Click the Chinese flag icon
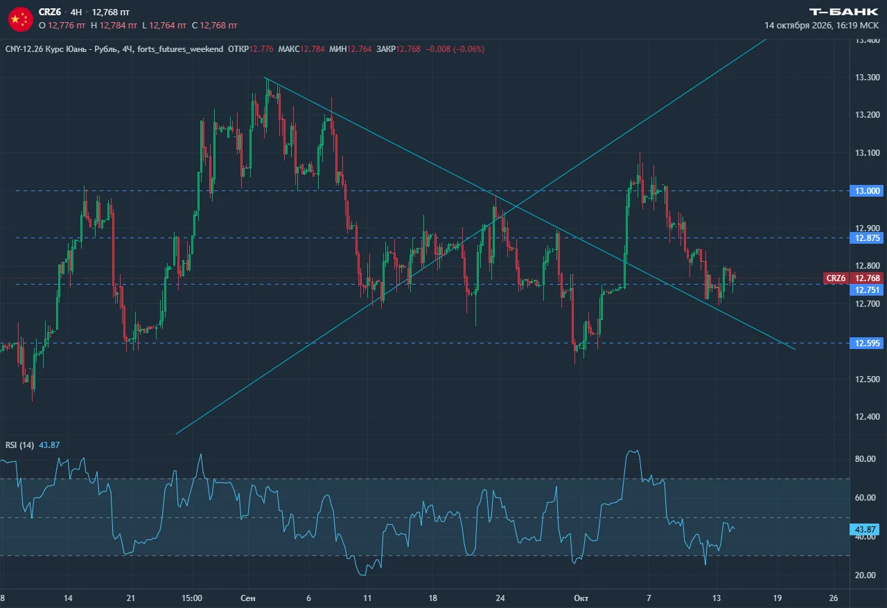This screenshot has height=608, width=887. [21, 19]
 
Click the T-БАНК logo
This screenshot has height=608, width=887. [843, 12]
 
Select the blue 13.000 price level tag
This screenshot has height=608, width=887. [867, 191]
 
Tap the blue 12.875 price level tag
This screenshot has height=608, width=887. [867, 238]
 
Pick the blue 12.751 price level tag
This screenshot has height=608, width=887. [867, 289]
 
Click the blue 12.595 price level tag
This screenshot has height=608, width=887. [867, 343]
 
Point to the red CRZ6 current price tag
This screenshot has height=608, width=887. [854, 278]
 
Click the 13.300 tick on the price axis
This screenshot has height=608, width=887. [867, 77]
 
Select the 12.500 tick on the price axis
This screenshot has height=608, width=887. [867, 379]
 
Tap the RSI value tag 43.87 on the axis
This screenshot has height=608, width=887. [865, 529]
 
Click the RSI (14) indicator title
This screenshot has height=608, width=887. [19, 445]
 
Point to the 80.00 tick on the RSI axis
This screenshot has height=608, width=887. [866, 459]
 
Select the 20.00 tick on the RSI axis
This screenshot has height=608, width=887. [866, 575]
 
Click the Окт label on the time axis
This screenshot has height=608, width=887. [581, 598]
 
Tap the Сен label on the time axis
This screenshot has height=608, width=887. [248, 598]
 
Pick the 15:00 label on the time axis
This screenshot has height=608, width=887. [192, 598]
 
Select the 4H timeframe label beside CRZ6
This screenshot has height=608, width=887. [76, 12]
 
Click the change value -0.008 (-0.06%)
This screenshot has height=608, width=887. [455, 49]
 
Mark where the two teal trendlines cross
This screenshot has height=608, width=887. [516, 206]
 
